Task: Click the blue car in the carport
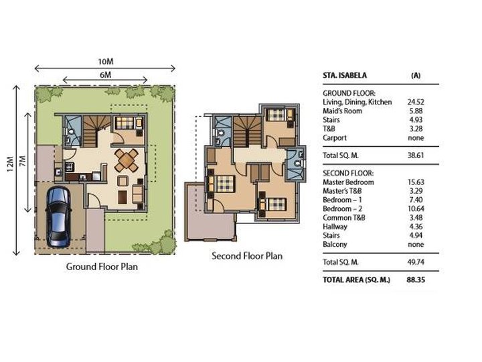point(58,217)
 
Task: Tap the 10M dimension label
point(106,62)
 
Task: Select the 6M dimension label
point(105,75)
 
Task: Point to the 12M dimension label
point(11,164)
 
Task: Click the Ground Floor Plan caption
point(102,267)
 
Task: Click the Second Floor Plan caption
point(247,256)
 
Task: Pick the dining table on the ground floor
point(126,160)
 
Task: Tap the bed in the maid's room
point(125,123)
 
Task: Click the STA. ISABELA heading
point(345,75)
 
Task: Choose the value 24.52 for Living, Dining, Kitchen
point(416,102)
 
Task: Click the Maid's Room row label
point(342,111)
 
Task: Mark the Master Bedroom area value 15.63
point(415,182)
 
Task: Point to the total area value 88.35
point(416,280)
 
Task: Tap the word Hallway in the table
point(335,227)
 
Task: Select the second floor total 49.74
point(416,262)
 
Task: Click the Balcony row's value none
point(416,245)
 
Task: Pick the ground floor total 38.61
point(416,155)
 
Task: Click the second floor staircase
point(247,131)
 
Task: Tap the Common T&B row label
point(343,218)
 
